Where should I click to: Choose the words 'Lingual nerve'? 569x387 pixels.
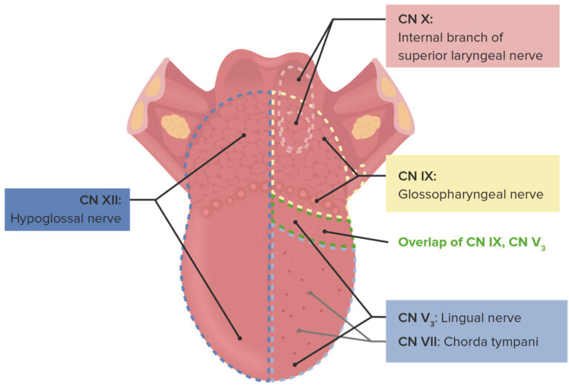484,317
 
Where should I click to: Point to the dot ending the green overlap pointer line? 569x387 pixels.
324,232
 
